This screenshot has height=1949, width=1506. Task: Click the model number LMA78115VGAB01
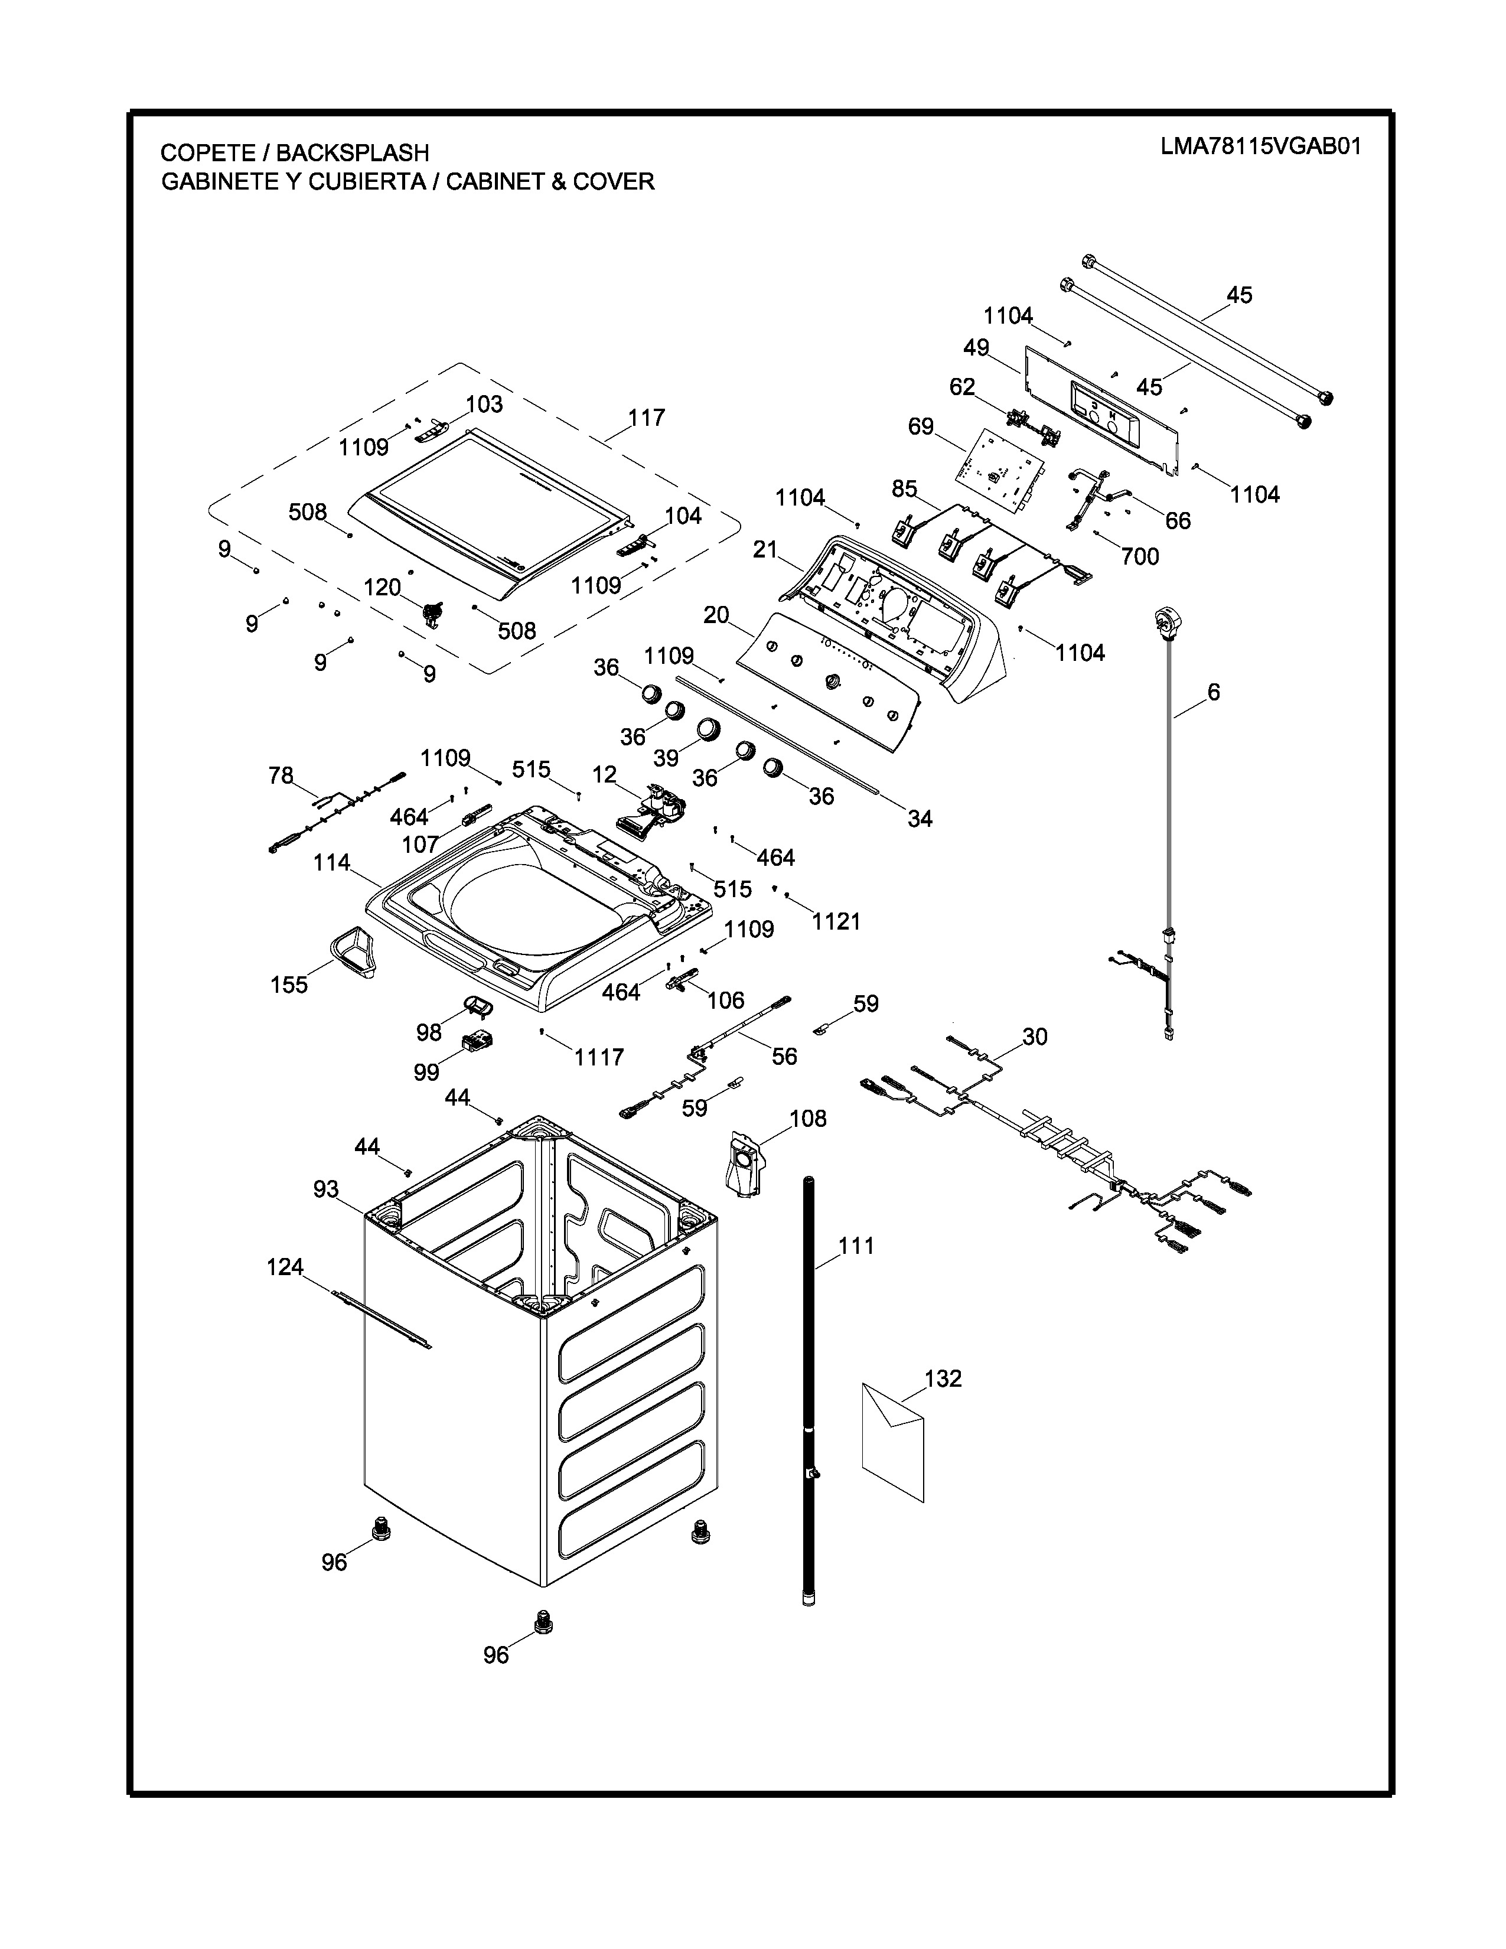click(1261, 146)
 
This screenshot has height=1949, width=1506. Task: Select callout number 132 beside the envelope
click(943, 1378)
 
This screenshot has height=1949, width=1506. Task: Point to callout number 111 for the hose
click(856, 1246)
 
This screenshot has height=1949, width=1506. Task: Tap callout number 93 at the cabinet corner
click(325, 1189)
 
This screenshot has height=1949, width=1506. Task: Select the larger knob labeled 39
click(708, 728)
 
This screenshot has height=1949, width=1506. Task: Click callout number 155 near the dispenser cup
click(289, 985)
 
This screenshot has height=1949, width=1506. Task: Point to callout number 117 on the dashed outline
click(646, 418)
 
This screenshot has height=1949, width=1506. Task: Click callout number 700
click(1139, 556)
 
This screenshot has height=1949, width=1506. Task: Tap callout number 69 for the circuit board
click(921, 426)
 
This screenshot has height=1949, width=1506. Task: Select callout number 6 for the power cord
click(1214, 692)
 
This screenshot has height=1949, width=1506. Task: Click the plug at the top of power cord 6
click(1165, 618)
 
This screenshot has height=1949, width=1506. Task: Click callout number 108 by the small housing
click(809, 1118)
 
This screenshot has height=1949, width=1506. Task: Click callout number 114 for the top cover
click(332, 863)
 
